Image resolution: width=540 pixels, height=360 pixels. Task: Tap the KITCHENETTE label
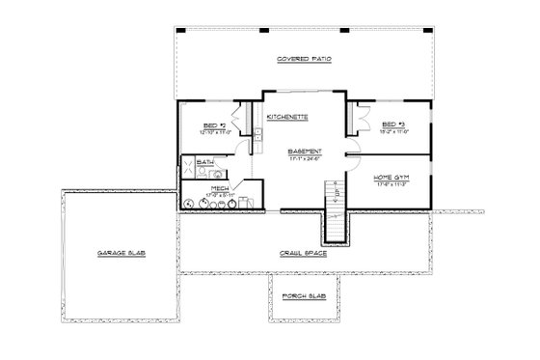point(287,116)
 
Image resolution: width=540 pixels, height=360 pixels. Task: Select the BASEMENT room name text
point(304,152)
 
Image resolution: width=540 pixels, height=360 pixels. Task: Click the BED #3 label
point(391,124)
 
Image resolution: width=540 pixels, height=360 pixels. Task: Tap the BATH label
point(205,163)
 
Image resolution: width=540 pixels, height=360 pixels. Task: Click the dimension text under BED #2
point(216,131)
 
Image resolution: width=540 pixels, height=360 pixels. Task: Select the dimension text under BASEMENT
point(304,159)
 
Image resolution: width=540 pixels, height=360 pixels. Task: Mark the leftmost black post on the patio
point(176,30)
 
